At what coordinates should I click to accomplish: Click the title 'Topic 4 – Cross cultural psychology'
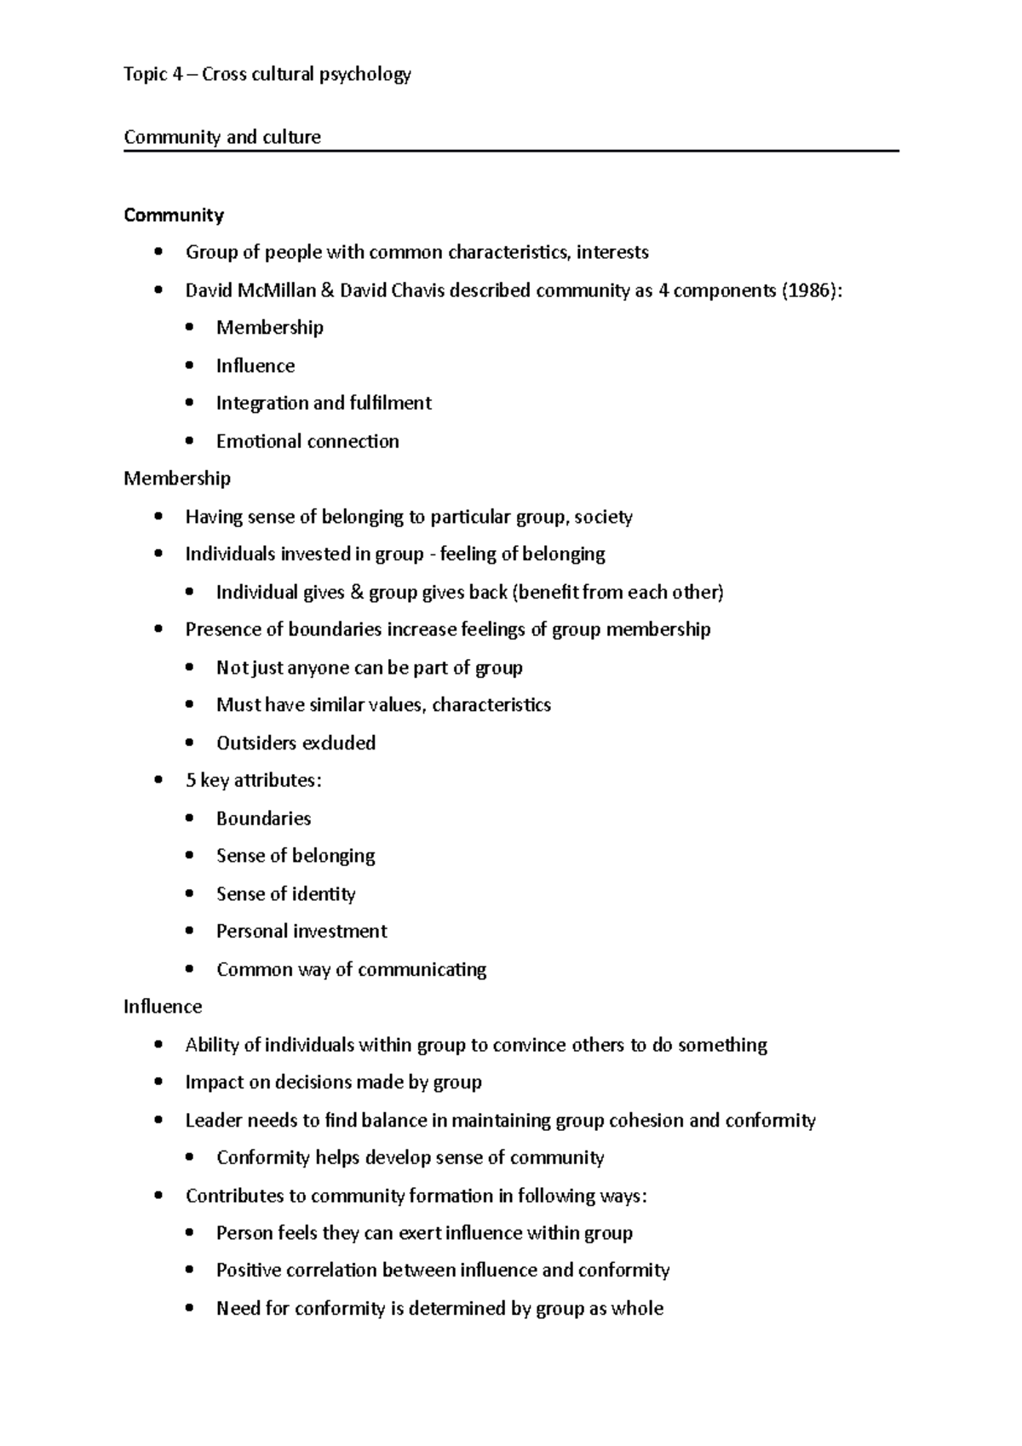[267, 75]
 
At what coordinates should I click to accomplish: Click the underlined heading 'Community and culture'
[222, 137]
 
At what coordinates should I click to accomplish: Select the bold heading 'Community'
[174, 215]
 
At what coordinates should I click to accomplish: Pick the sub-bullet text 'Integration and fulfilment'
[324, 403]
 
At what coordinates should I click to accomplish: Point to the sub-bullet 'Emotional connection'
[307, 441]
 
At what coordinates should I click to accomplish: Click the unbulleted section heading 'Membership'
[177, 479]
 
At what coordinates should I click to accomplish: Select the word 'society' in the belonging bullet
[603, 517]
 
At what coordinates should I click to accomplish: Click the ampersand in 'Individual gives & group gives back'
[357, 592]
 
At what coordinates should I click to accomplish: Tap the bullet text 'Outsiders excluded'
[296, 743]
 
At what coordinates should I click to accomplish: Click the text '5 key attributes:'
[253, 780]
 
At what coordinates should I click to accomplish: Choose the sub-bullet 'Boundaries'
[263, 818]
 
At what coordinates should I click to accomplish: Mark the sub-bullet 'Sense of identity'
[285, 893]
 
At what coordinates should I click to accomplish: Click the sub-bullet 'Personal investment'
[301, 931]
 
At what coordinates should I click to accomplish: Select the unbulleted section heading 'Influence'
[163, 1007]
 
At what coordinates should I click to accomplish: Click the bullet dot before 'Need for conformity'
[190, 1308]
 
